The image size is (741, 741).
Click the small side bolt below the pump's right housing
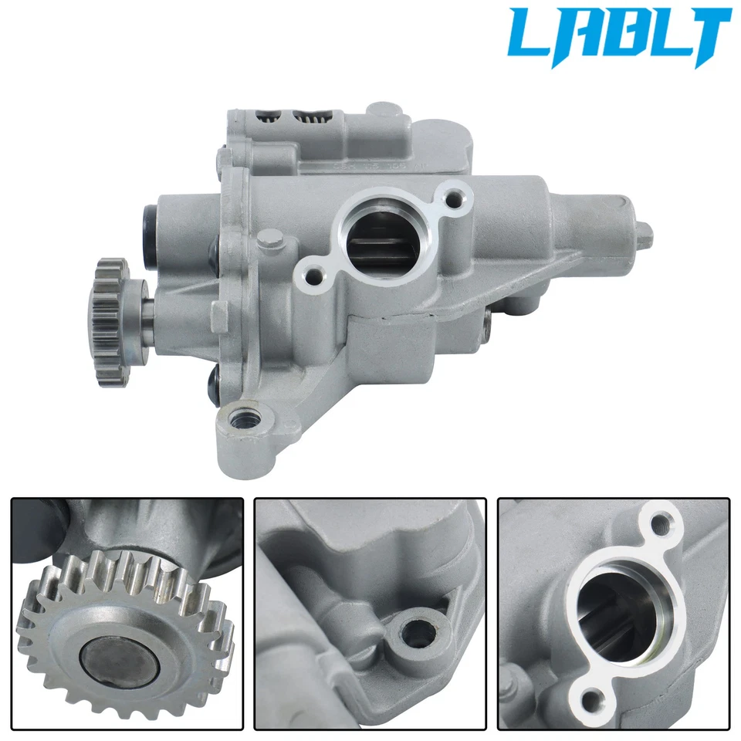click(x=487, y=328)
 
